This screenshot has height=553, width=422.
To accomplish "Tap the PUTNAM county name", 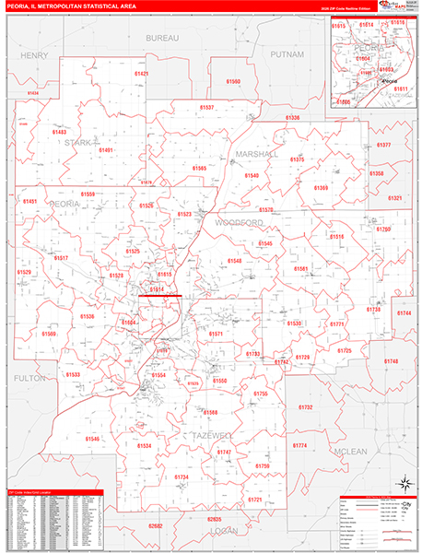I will (287, 55).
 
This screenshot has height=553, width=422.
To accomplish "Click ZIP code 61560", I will (233, 82).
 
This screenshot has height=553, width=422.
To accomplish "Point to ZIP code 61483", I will (59, 132).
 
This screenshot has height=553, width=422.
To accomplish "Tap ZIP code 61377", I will (383, 145).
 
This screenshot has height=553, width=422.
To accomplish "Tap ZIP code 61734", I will (181, 477).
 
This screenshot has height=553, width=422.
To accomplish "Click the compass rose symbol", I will (403, 484).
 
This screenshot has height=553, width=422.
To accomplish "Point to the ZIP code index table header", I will (53, 493).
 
